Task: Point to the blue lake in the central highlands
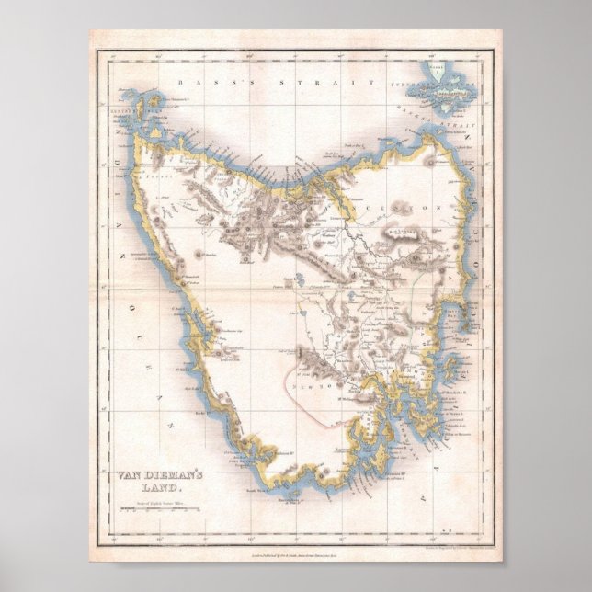pos(302,277)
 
